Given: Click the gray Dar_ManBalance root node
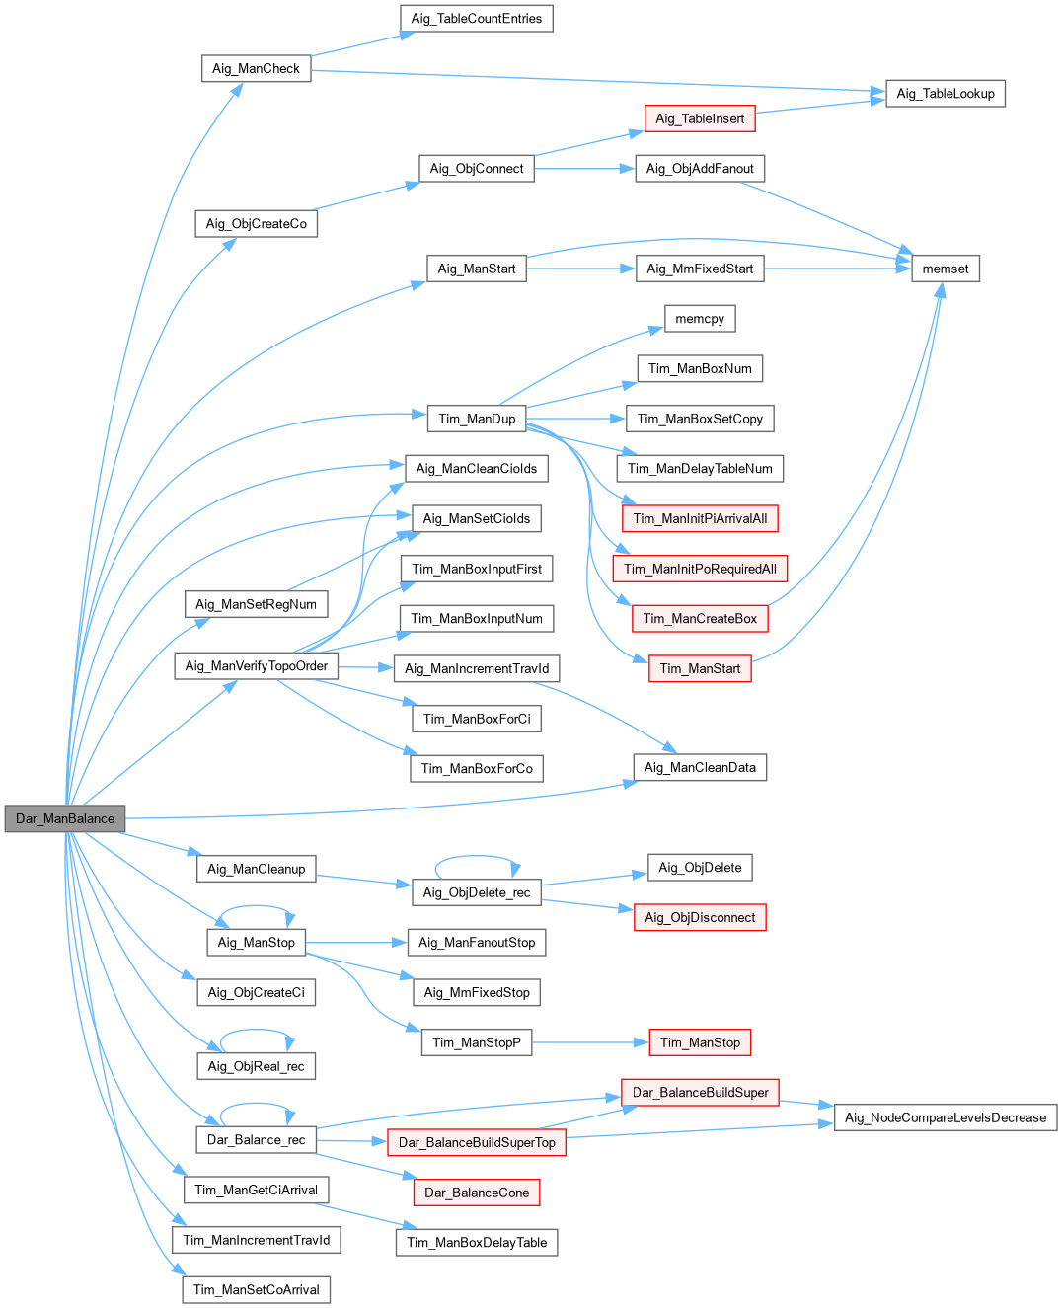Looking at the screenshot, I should (x=65, y=818).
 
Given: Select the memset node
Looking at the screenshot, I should (x=945, y=269).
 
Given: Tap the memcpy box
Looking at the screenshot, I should (x=700, y=319).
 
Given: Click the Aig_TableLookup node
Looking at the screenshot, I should (x=945, y=94).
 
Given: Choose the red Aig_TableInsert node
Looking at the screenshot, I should (x=700, y=118).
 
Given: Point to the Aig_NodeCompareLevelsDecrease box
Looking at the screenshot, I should (x=945, y=1117).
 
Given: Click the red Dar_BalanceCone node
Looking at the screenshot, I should (x=477, y=1193).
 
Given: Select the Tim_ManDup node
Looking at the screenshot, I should (x=477, y=419).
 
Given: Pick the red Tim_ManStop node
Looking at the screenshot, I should (x=700, y=1042).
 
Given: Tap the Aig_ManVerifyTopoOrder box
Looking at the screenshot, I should (x=257, y=666).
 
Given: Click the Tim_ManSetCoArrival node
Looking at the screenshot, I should (x=257, y=1289).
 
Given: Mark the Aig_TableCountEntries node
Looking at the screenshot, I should (x=477, y=19).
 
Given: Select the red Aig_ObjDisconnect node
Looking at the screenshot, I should (x=700, y=917).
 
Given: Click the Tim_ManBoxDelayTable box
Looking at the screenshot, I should (x=477, y=1242).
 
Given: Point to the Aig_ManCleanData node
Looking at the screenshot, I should (x=700, y=767).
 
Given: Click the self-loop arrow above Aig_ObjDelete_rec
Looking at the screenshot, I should (x=477, y=858).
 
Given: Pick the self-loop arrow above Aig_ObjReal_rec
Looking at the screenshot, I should (x=257, y=1032).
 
